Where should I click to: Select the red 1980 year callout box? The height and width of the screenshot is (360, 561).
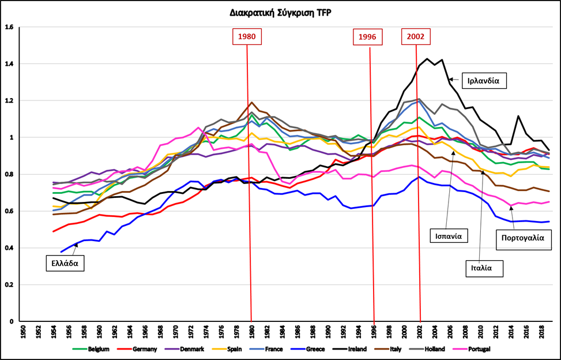(247, 36)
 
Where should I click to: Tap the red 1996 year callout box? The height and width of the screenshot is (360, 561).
(367, 36)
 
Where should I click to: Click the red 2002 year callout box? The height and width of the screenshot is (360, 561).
(415, 36)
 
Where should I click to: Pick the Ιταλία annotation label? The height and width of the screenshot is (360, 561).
(484, 267)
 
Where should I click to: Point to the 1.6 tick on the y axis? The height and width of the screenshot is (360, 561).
(9, 27)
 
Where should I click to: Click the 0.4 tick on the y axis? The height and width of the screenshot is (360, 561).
(9, 248)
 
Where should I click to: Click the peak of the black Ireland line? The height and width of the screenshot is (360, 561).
(427, 58)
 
